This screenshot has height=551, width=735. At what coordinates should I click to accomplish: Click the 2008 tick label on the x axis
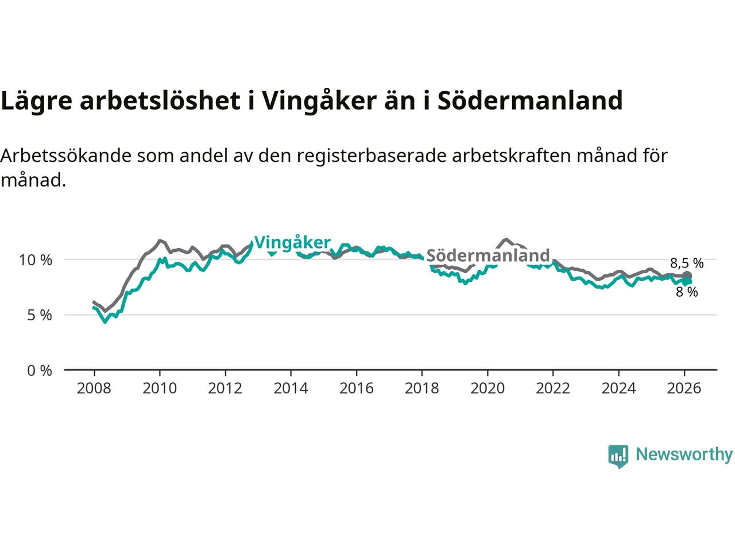coord(94,389)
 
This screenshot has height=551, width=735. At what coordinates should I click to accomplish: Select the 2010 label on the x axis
coord(160,389)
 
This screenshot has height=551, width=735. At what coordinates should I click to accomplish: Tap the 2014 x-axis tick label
coord(291,389)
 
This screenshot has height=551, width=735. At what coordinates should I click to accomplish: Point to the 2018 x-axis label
coord(421,389)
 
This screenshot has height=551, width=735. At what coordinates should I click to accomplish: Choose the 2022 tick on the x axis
coord(552,389)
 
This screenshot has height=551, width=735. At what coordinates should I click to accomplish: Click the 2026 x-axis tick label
coord(684,389)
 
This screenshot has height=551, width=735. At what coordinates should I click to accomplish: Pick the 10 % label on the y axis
coord(36,260)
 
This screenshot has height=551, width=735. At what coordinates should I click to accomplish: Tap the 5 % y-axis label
coord(39,315)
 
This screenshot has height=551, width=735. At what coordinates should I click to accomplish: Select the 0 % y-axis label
coord(39,371)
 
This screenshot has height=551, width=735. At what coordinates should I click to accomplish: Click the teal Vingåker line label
coord(292,243)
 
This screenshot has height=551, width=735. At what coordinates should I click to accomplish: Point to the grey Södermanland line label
coord(488,255)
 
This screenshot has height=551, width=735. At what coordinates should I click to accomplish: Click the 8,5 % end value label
coord(687,263)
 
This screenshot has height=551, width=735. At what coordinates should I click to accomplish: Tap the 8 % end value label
coord(687,292)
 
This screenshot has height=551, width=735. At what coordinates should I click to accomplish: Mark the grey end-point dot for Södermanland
coord(687,277)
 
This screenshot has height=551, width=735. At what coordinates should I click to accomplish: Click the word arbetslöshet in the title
coord(160,101)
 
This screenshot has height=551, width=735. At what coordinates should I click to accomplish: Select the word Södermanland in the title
coord(530,101)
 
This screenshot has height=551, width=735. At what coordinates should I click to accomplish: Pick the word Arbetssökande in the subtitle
coord(65,156)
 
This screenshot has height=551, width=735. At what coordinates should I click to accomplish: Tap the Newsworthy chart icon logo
coord(618,456)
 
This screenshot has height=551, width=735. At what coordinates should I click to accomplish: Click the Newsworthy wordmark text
coord(684,455)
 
